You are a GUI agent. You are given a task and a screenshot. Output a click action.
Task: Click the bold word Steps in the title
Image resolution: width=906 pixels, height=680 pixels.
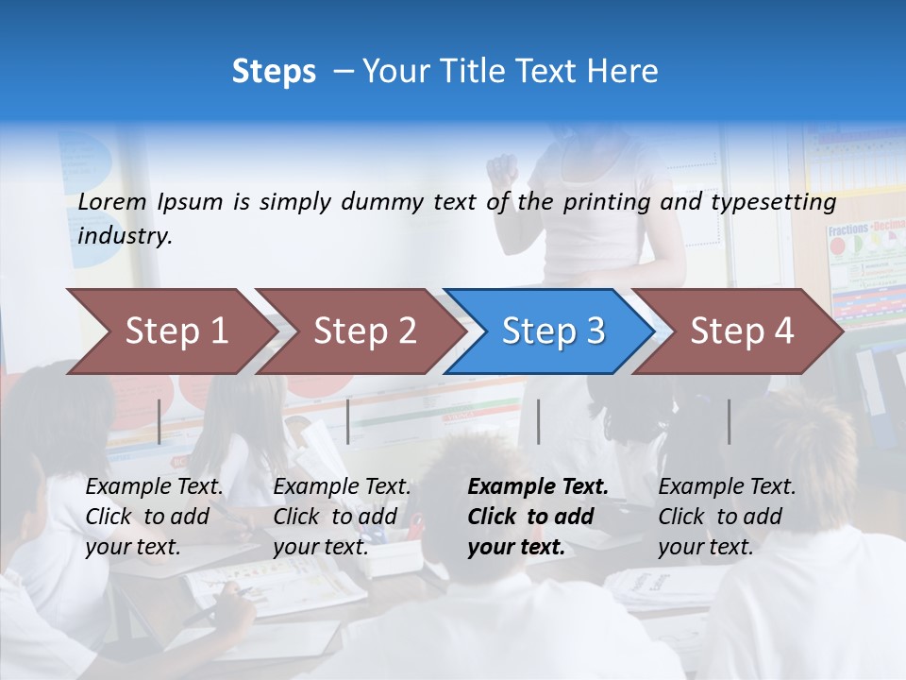click(274, 72)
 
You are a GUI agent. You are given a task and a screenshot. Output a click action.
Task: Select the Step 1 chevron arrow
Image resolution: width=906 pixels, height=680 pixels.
click(170, 331)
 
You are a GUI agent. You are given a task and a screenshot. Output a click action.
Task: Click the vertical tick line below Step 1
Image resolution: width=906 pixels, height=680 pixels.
click(159, 421)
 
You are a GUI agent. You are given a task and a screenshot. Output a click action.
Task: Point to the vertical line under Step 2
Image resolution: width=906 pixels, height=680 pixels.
click(348, 421)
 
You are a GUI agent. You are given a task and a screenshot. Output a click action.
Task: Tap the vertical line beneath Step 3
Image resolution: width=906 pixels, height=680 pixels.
click(538, 421)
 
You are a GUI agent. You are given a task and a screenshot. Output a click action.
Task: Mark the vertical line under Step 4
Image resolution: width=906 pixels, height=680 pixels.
click(729, 421)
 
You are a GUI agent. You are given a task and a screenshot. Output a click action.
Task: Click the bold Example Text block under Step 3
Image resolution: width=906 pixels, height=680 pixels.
click(538, 517)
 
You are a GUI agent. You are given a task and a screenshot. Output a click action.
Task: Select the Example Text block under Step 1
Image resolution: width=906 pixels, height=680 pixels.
click(154, 517)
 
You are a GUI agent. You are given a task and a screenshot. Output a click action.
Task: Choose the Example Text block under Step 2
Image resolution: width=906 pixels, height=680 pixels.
click(342, 517)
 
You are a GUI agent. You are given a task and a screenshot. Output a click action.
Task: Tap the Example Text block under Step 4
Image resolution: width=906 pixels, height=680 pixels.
click(727, 517)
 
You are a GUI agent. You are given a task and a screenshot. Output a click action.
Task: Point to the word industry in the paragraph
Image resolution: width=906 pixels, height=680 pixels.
click(125, 236)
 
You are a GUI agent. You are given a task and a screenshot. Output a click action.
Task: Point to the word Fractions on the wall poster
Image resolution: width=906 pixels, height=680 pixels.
click(847, 229)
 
